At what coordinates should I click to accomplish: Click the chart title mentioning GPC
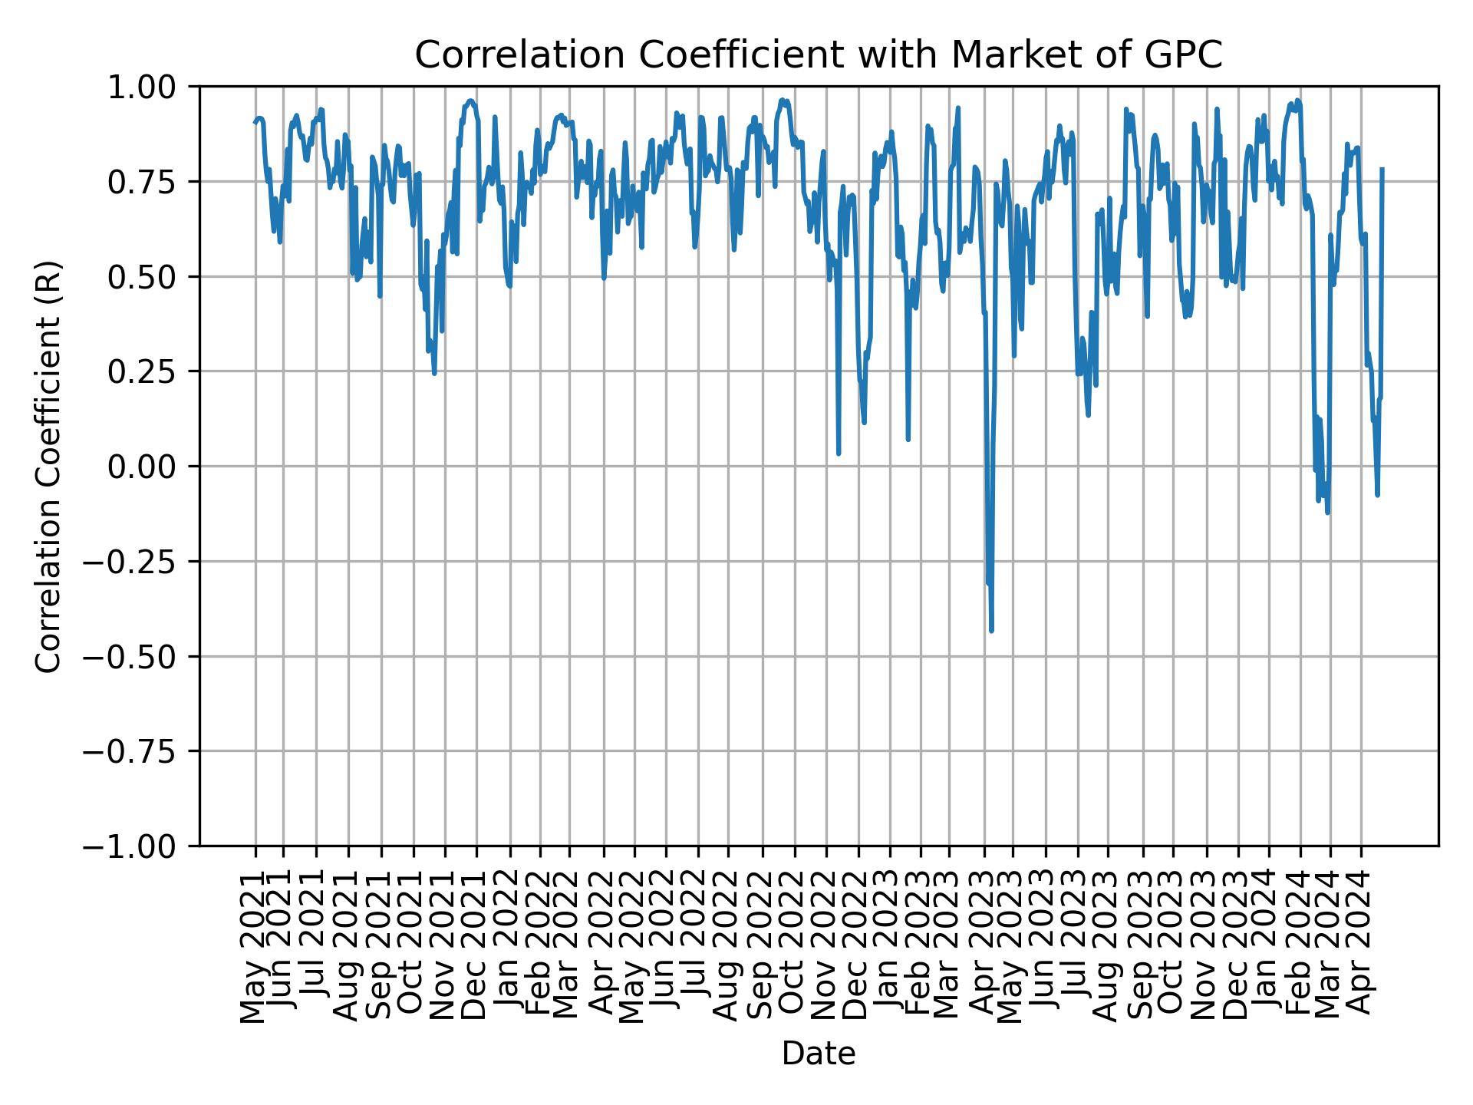[818, 55]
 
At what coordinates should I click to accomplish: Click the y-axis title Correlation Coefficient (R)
[48, 466]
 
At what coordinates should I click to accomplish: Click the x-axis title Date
[818, 1054]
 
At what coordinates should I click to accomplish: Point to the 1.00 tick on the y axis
[151, 87]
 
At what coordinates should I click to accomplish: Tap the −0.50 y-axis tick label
[140, 656]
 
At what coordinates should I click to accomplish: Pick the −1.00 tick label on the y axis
[140, 846]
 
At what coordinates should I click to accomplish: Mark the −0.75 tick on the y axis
[140, 751]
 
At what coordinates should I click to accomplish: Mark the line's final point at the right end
[1382, 169]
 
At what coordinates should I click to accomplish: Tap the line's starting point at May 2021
[255, 123]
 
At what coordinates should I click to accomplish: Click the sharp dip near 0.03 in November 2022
[839, 454]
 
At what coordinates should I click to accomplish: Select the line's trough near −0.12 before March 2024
[1327, 512]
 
